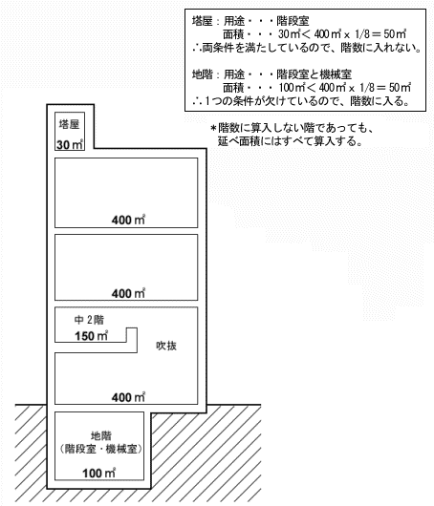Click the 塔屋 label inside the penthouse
[x=69, y=124]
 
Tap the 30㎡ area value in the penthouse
[x=70, y=144]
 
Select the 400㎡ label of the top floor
[x=128, y=220]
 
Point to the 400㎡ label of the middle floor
[x=128, y=293]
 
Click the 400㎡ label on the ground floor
[x=128, y=397]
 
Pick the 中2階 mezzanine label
[x=89, y=320]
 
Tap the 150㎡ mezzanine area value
[x=91, y=336]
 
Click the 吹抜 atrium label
[x=166, y=346]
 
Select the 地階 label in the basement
[x=101, y=436]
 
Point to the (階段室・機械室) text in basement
[x=100, y=449]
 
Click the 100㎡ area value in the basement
[x=98, y=474]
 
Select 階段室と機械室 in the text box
[x=314, y=74]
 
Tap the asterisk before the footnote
[x=213, y=129]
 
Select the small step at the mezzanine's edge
[x=132, y=340]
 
